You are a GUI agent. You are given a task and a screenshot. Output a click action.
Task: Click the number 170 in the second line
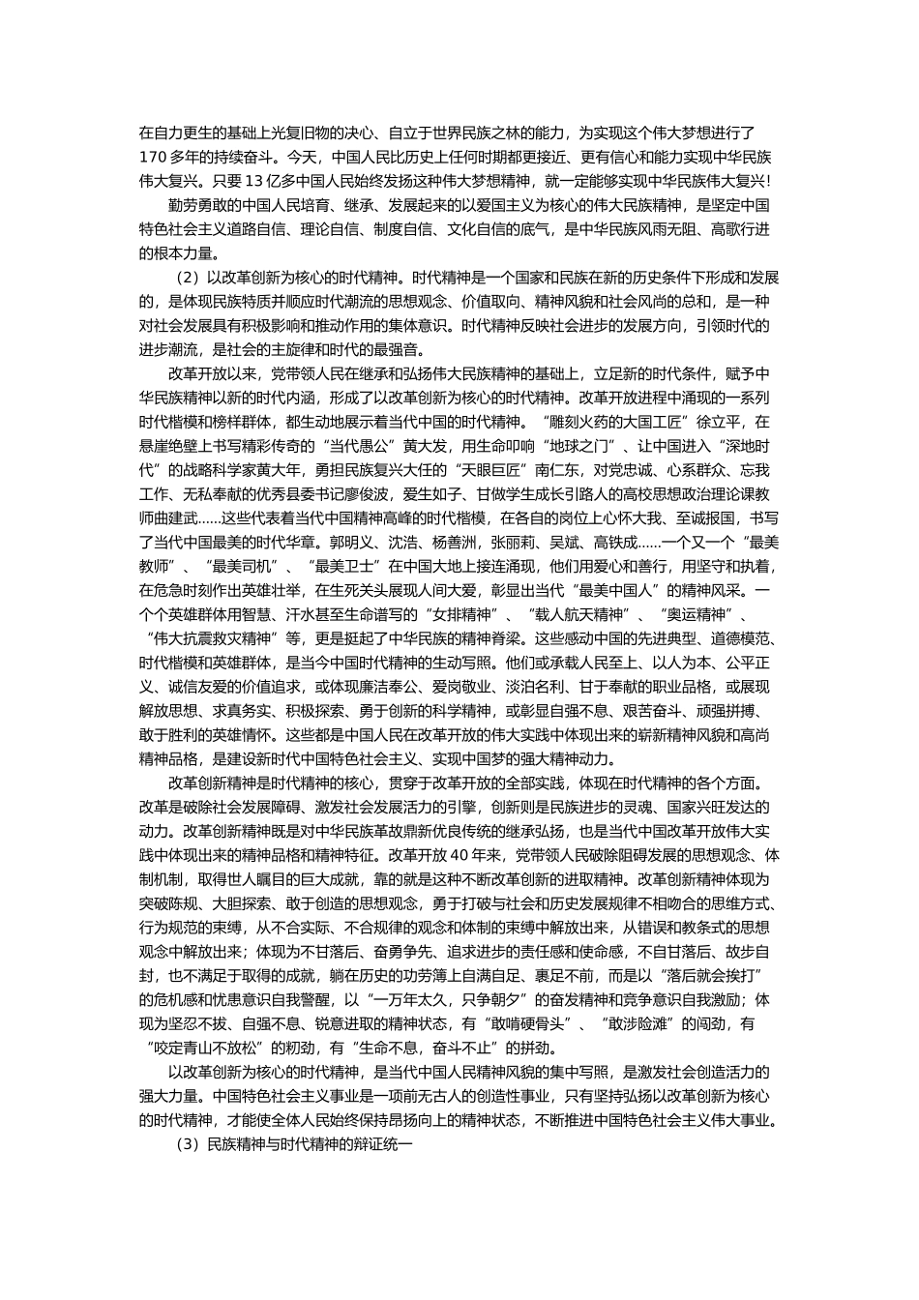153,155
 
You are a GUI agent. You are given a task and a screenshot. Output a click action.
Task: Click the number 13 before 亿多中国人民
253,180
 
